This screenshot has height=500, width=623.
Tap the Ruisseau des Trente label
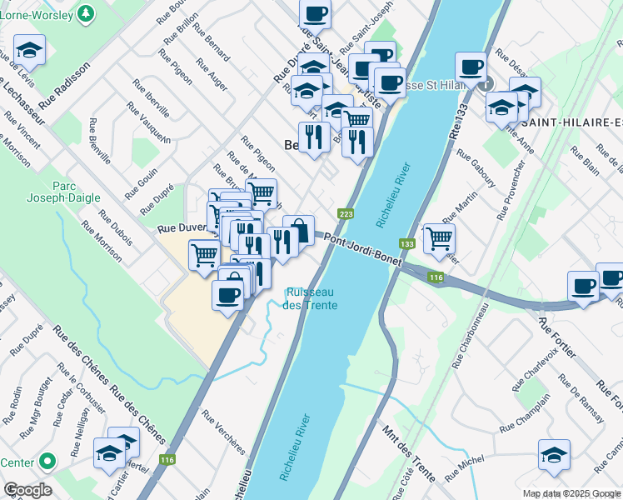click(x=310, y=298)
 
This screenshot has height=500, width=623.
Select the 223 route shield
click(x=346, y=215)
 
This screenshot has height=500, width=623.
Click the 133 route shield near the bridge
click(x=407, y=244)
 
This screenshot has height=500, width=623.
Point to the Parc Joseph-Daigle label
click(x=76, y=191)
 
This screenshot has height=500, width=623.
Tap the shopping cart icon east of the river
click(x=439, y=237)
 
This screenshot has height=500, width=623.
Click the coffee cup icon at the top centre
click(x=315, y=13)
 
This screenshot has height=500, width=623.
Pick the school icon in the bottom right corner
click(x=554, y=454)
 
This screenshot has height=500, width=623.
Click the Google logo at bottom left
click(x=27, y=490)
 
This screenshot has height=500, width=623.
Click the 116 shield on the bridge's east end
click(x=436, y=277)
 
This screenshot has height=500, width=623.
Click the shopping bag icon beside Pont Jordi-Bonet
click(x=298, y=229)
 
